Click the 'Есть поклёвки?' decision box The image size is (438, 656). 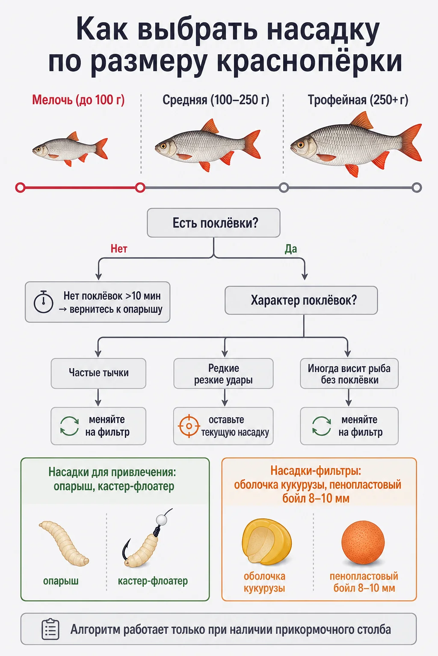pos(213,223)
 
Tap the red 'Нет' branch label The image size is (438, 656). pos(119,249)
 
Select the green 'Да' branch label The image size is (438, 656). pos(291,249)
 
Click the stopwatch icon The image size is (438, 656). pos(44,302)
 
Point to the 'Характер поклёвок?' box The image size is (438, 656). pos(301,300)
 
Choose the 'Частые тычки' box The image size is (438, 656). pos(98,373)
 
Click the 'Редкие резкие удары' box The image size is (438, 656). pos(223,373)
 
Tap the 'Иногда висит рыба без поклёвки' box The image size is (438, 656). pos(349,373)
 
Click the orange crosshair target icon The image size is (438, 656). pos(189,426)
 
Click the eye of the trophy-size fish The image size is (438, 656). pos(301,144)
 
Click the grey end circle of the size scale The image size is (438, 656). pos(417,187)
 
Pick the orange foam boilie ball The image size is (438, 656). pos(363,543)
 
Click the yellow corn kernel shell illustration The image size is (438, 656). pos(266,542)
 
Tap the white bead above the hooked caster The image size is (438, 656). pos(161,520)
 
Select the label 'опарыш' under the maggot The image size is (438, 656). pos(61,581)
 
